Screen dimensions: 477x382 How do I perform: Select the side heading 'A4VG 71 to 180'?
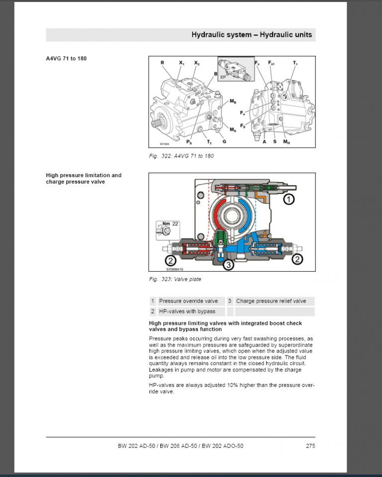[67, 59]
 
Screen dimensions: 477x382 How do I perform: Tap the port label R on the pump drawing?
[162, 63]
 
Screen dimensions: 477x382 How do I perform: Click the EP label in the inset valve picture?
[223, 78]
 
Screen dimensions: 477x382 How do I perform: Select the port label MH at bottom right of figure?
[286, 142]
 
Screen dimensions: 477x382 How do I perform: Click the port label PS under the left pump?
[189, 142]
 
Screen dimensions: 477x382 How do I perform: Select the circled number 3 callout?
[228, 265]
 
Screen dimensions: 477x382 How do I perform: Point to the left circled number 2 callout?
[170, 259]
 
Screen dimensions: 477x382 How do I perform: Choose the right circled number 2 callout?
[297, 259]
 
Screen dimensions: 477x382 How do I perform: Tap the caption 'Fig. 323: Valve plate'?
[175, 280]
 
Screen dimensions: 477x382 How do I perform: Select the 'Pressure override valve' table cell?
[188, 301]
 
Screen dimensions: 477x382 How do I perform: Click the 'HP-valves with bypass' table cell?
[187, 311]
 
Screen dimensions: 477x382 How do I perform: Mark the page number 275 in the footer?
[310, 446]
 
